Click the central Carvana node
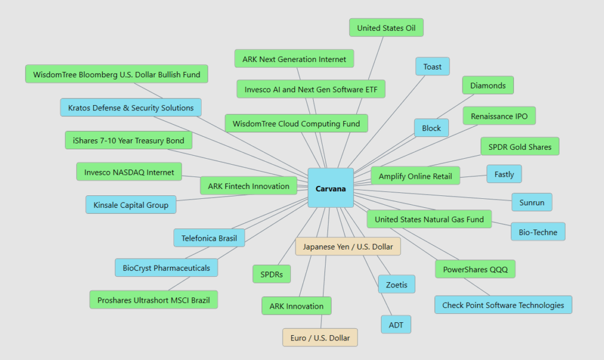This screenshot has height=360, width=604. [330, 188]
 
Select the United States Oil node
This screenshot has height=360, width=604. [386, 28]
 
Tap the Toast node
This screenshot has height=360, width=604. [432, 67]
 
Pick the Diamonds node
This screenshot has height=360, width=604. [488, 86]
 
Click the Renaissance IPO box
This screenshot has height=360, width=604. [499, 116]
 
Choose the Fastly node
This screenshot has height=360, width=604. [504, 174]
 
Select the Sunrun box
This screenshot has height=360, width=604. [532, 202]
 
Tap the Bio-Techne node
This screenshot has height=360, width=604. [538, 232]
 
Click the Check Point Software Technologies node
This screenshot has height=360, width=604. [503, 305]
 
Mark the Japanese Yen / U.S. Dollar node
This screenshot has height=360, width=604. [348, 247]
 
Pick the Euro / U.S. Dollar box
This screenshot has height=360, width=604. [320, 338]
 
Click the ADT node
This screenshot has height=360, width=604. [396, 324]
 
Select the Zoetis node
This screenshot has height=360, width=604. [396, 284]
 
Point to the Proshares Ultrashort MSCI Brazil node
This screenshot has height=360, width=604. [154, 300]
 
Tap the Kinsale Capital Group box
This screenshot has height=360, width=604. [131, 205]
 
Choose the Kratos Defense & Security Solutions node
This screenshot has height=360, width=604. [131, 108]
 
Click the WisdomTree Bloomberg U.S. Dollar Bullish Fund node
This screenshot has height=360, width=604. [117, 74]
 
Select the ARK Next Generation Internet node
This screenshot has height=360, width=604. [294, 59]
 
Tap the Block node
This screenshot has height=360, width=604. [431, 128]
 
